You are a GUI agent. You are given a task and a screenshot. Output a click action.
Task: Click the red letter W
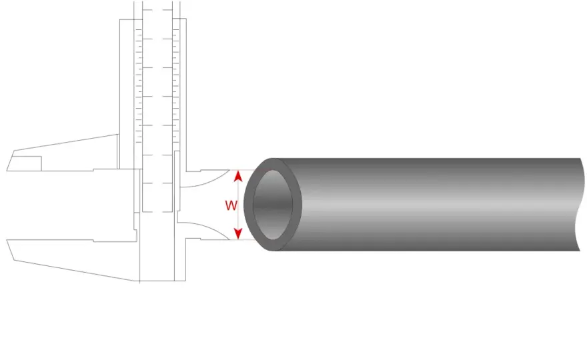tap(231, 205)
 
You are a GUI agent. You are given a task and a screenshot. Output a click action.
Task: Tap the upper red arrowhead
tap(238, 175)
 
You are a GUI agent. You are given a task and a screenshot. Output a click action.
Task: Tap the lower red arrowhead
tap(238, 234)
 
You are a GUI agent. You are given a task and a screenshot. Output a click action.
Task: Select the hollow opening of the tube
tap(273, 205)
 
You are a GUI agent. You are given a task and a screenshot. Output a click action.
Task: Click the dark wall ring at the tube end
tap(249, 205)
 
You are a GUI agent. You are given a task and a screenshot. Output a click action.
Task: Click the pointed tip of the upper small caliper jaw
tap(229, 170)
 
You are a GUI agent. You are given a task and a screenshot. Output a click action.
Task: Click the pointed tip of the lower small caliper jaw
tap(229, 239)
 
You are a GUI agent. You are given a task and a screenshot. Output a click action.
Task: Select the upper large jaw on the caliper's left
tap(63, 153)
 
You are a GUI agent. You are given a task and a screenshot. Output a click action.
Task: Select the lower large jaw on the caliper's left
tap(71, 258)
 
